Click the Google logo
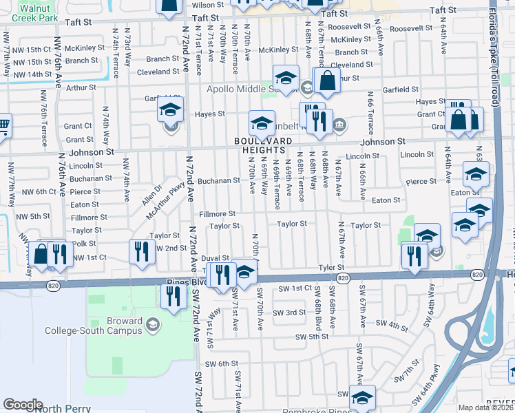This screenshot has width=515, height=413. click(23, 405)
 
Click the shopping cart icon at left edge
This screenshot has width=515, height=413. click(3, 126)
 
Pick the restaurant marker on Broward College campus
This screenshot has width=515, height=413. click(172, 297)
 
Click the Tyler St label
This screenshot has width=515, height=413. click(330, 267)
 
